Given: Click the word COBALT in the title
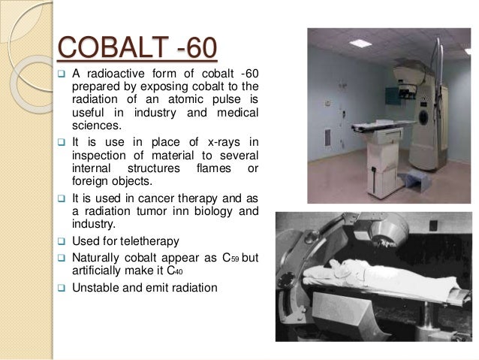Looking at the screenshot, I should (x=104, y=49).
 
